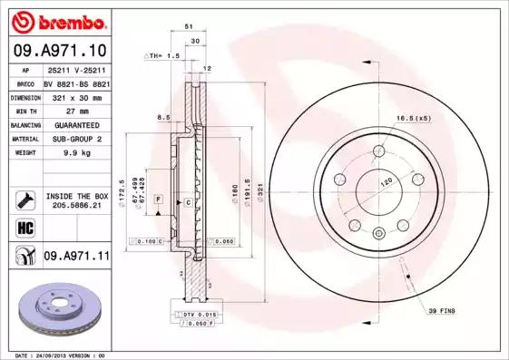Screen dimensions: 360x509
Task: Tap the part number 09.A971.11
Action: pyautogui.click(x=75, y=257)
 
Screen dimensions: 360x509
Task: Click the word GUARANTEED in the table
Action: pyautogui.click(x=71, y=124)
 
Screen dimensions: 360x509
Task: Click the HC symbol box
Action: pyautogui.click(x=24, y=226)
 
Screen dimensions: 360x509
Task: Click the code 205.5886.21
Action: pyautogui.click(x=75, y=206)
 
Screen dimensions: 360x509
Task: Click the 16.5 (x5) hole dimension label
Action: pyautogui.click(x=411, y=118)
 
